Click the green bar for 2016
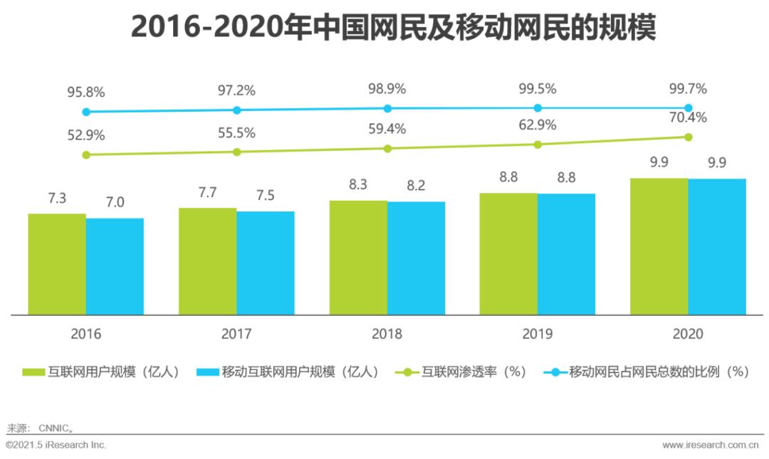click(57, 264)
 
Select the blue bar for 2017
click(265, 263)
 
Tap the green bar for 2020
click(659, 246)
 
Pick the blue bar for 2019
click(566, 254)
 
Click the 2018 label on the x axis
click(387, 334)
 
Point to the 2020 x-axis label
click(687, 334)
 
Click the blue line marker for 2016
click(86, 112)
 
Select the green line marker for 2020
click(688, 137)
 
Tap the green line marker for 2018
click(387, 149)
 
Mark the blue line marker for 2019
click(538, 108)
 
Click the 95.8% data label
click(86, 93)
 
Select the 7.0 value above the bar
click(115, 203)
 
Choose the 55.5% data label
click(236, 133)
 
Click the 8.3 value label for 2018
click(357, 185)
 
